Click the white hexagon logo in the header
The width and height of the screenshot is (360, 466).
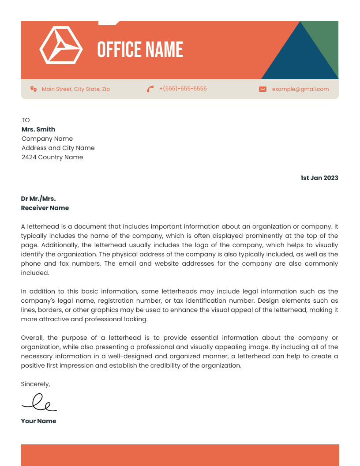click(61, 45)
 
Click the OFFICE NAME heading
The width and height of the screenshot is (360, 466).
click(140, 49)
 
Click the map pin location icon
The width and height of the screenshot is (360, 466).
click(33, 89)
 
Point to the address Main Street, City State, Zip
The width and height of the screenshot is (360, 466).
click(75, 89)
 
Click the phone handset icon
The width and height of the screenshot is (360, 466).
click(150, 89)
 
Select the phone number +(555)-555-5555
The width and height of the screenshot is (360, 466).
click(183, 89)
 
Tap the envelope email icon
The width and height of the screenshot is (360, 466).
click(262, 89)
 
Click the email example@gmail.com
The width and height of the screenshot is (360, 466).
click(300, 89)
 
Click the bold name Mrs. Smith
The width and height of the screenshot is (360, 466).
click(38, 129)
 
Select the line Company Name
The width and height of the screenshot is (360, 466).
click(47, 139)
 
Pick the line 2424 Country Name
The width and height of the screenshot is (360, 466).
click(52, 157)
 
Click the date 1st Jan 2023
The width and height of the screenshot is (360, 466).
click(319, 178)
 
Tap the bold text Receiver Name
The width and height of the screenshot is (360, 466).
click(45, 208)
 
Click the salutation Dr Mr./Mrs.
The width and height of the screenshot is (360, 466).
click(38, 199)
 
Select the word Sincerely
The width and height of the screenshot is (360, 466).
click(35, 384)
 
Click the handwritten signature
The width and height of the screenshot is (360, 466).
click(39, 402)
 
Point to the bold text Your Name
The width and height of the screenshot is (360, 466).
click(38, 421)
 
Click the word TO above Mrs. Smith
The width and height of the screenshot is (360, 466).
click(26, 120)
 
